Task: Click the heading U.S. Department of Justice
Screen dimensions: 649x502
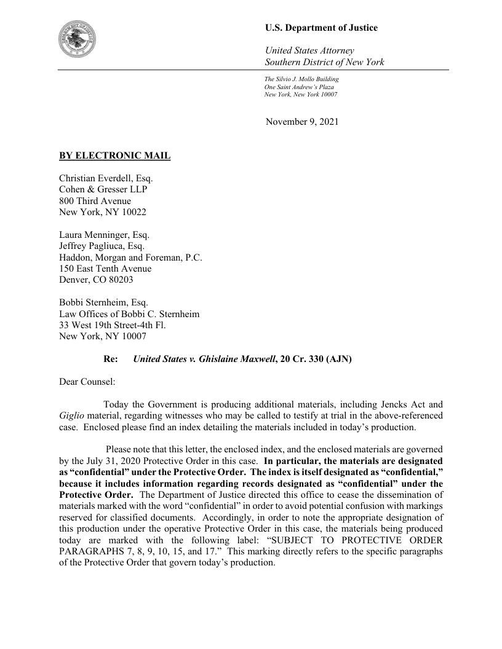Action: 321,28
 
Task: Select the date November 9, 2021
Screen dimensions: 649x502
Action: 301,122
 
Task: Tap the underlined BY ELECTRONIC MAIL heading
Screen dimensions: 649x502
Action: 114,155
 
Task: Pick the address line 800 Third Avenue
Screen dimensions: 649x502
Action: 95,200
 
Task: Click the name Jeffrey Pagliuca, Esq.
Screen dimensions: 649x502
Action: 102,246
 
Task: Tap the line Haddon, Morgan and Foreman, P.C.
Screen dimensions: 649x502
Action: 130,257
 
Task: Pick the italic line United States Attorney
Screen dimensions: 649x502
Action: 309,50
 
